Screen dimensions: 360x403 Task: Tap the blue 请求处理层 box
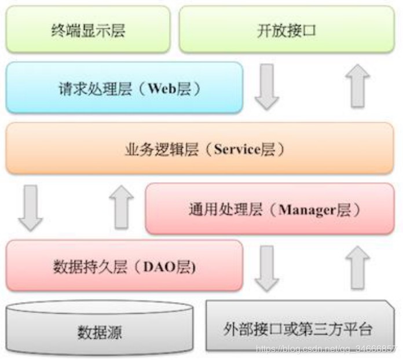point(124,89)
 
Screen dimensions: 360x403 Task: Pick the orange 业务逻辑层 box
point(200,149)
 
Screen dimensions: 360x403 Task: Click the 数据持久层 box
point(124,267)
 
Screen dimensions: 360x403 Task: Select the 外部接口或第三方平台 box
point(298,328)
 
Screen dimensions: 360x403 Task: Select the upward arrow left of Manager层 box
point(121,207)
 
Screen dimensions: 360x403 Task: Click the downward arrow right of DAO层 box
point(267,268)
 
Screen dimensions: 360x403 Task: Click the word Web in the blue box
point(161,89)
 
